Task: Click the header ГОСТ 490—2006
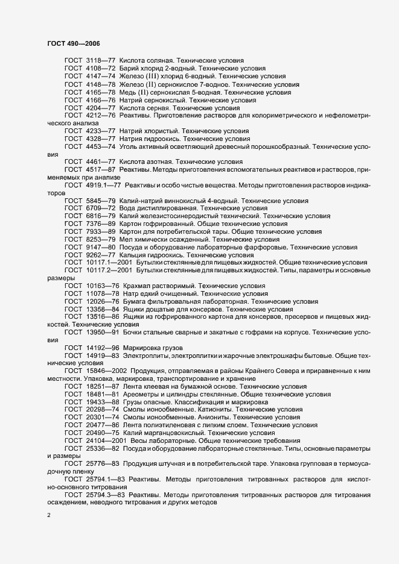73,43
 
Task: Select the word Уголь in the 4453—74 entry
130,146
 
